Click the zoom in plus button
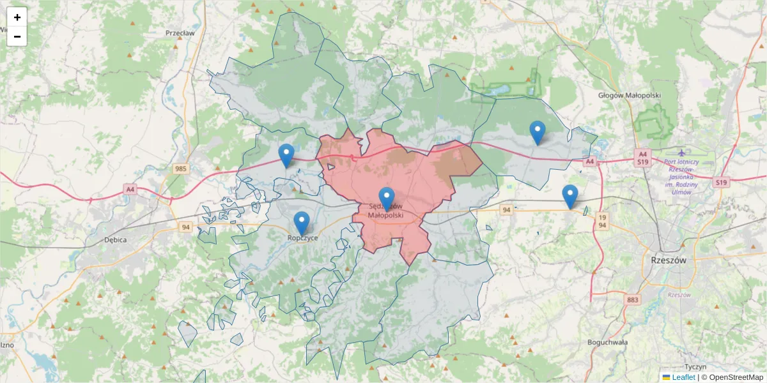[17, 17]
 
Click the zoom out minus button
[17, 36]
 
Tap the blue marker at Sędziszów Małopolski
[387, 199]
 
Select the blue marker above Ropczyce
[301, 223]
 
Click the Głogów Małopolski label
[629, 95]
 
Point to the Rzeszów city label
[667, 260]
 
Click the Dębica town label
[115, 240]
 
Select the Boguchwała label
[607, 342]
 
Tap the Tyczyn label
[695, 367]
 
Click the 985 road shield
[180, 169]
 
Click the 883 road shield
[633, 299]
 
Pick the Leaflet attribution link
[683, 377]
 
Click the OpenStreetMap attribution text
[736, 377]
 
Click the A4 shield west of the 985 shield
[130, 189]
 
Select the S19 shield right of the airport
[722, 183]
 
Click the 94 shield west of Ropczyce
[186, 227]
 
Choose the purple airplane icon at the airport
[682, 153]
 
